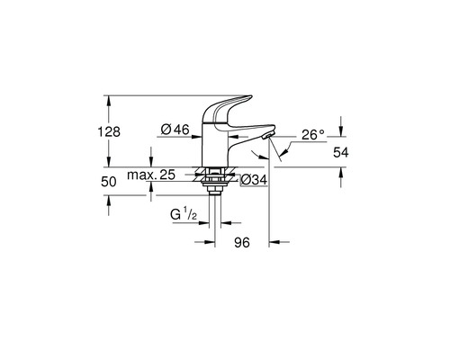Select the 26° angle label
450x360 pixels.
[311, 134]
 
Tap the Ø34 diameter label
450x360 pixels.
[255, 181]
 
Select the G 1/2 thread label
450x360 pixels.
[186, 217]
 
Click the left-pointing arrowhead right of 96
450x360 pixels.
[274, 242]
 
